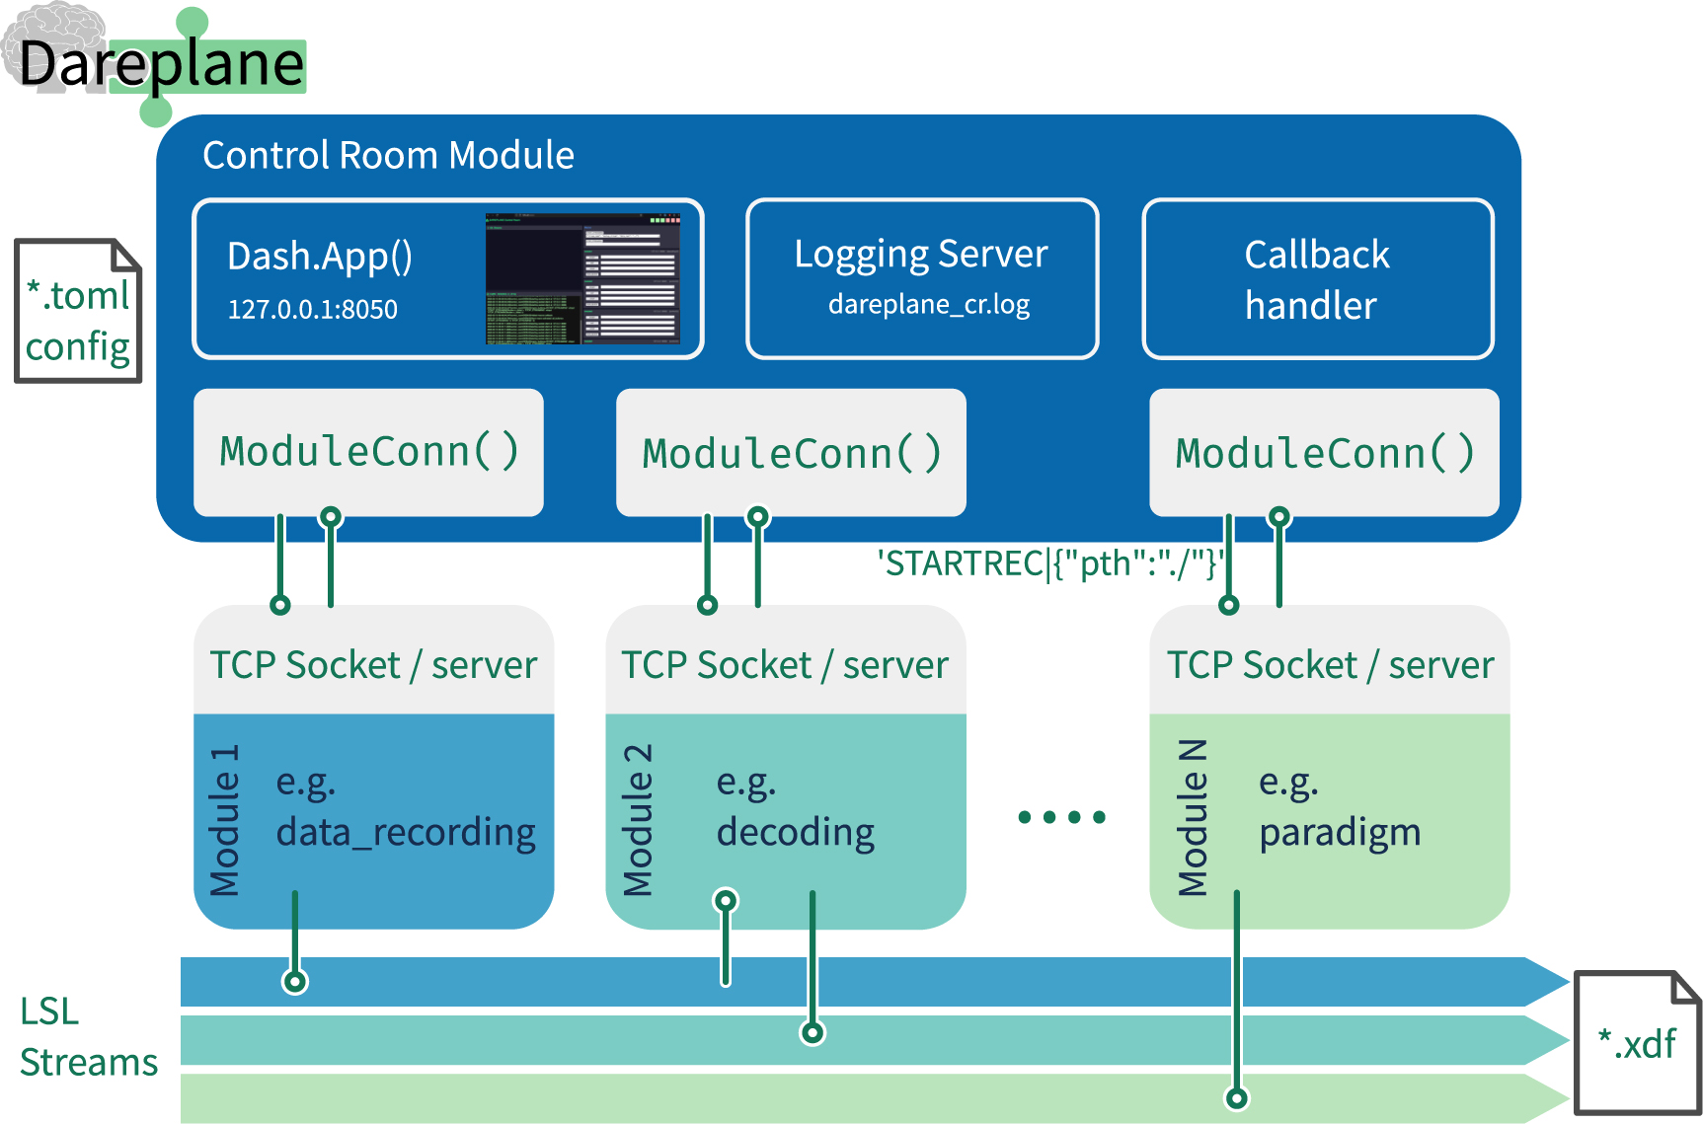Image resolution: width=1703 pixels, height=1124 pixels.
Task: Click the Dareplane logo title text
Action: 161,64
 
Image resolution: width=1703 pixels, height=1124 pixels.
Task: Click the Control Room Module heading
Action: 388,156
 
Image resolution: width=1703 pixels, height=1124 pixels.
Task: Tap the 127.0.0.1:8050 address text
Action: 312,310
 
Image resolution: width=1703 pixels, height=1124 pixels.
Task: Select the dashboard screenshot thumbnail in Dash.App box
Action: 582,278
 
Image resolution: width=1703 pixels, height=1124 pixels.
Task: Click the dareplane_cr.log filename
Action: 928,304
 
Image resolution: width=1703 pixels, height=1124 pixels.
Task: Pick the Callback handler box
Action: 1317,279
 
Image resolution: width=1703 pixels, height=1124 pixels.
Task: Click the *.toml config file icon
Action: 78,311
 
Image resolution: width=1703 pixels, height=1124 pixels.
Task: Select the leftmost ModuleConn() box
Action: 368,452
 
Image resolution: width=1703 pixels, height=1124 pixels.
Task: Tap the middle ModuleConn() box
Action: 791,453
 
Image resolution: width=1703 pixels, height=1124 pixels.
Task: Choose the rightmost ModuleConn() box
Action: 1324,453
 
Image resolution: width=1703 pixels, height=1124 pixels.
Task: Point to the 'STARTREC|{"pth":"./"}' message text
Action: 1049,563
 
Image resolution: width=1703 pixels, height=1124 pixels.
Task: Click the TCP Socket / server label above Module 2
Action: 785,665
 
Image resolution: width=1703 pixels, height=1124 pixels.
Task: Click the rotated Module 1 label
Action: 225,820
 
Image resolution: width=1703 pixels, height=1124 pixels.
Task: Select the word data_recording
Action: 406,833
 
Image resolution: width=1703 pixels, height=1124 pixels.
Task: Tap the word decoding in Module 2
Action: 795,833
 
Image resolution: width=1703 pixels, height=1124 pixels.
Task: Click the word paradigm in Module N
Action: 1340,833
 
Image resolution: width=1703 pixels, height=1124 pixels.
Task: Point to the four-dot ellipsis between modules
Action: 1061,817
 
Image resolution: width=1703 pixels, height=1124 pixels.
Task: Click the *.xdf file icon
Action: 1637,1042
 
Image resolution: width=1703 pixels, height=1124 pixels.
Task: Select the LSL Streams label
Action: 88,1037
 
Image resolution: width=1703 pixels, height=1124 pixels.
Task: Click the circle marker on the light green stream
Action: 1236,1097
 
